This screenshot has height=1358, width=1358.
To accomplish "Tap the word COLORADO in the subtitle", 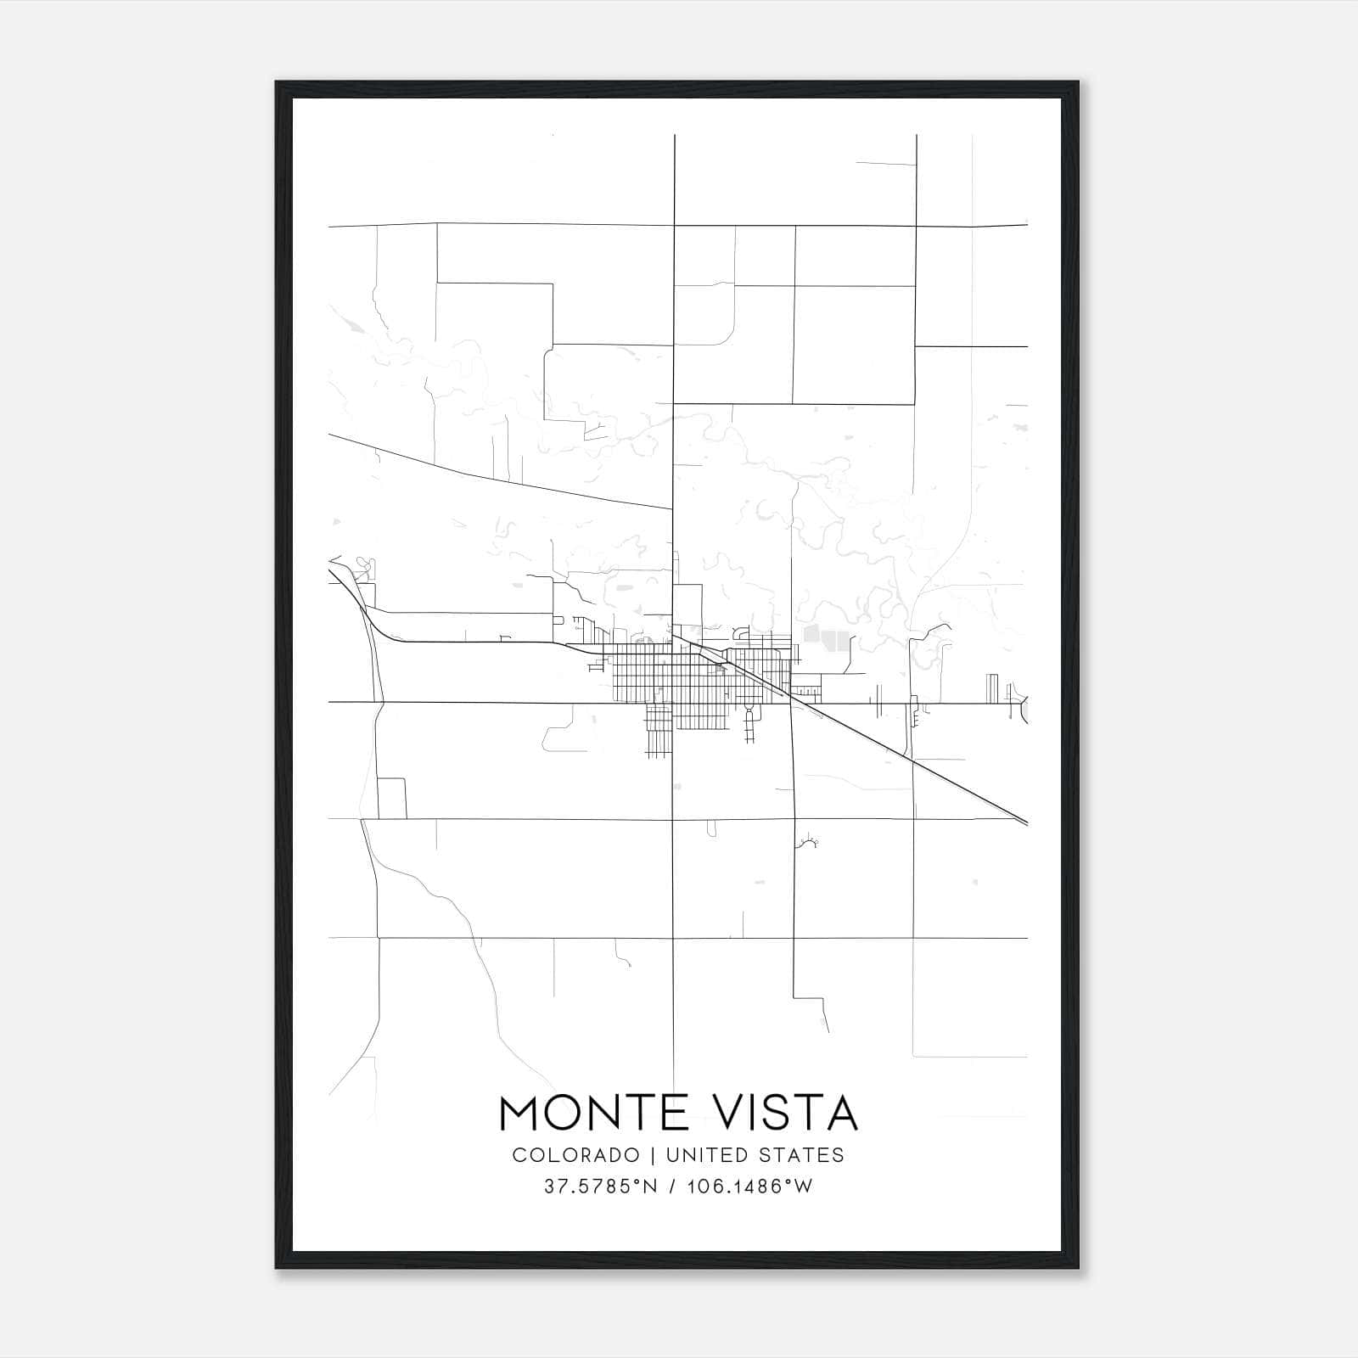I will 575,1154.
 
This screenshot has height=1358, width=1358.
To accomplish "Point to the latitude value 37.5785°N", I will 601,1187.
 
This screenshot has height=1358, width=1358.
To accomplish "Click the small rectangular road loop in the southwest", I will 391,798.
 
